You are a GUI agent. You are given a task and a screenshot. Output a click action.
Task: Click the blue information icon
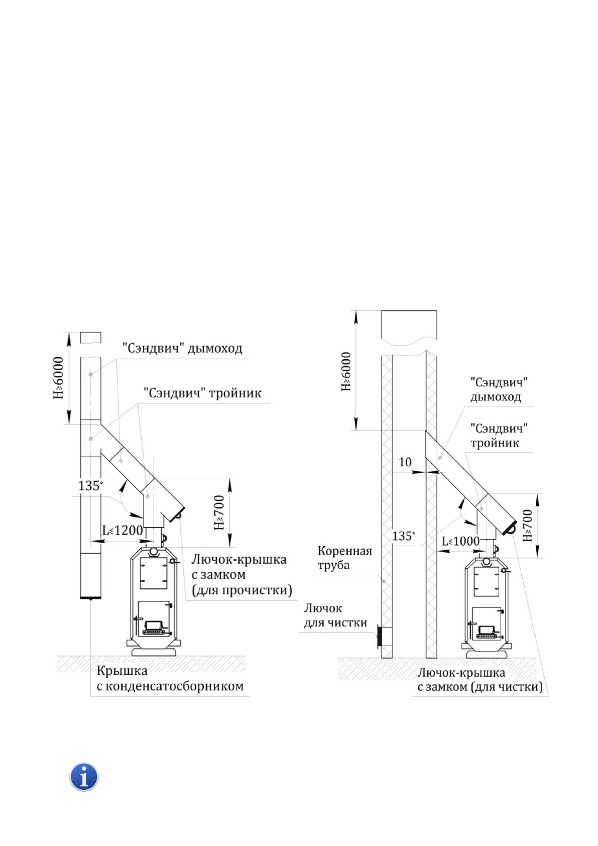click(84, 777)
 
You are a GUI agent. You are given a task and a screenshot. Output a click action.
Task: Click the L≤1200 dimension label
click(123, 531)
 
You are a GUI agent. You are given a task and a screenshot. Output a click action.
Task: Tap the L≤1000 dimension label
click(460, 541)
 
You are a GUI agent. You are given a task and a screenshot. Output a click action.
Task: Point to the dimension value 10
click(405, 462)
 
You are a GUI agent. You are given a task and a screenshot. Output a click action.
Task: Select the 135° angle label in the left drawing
click(90, 485)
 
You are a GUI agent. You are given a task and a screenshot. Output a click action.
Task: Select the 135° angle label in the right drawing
click(403, 536)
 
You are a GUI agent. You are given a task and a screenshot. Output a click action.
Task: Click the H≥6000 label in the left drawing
click(59, 378)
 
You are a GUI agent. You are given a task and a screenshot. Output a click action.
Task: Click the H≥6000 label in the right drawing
click(346, 371)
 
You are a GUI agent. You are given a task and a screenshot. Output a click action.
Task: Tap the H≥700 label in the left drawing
click(219, 512)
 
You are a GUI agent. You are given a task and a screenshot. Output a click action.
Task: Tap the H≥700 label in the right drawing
click(527, 525)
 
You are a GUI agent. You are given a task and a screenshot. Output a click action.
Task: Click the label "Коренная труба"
click(344, 558)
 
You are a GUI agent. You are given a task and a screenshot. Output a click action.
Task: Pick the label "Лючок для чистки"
click(335, 615)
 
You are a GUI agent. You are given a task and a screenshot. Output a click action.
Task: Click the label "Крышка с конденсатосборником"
click(170, 679)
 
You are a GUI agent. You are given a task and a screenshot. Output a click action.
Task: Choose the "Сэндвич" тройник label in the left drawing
click(202, 393)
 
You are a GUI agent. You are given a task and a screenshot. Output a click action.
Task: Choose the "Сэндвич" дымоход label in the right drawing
click(499, 389)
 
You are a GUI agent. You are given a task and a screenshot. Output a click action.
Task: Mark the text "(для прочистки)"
click(242, 590)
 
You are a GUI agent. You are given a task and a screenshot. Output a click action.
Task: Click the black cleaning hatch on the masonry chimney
click(379, 637)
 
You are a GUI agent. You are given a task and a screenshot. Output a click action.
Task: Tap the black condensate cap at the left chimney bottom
click(90, 598)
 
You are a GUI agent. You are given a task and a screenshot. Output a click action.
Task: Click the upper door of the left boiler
click(153, 573)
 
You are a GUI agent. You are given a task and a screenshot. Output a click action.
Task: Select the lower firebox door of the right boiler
click(486, 623)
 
